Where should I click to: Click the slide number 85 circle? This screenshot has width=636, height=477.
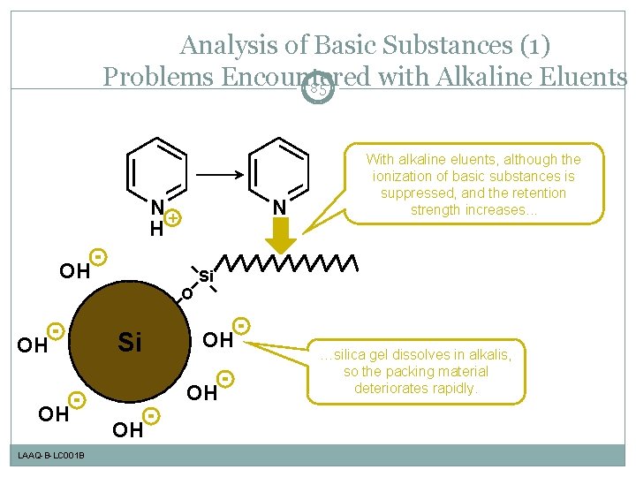319,88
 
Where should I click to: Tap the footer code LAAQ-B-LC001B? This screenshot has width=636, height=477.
50,455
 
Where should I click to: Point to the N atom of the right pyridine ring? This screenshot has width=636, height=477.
279,208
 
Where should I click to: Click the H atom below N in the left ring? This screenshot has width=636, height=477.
155,230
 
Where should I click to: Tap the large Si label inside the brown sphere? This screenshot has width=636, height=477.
129,342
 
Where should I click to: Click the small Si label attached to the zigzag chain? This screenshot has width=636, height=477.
207,276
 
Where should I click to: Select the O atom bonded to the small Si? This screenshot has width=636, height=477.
186,294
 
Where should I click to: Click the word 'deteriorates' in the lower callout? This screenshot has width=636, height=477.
397,388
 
